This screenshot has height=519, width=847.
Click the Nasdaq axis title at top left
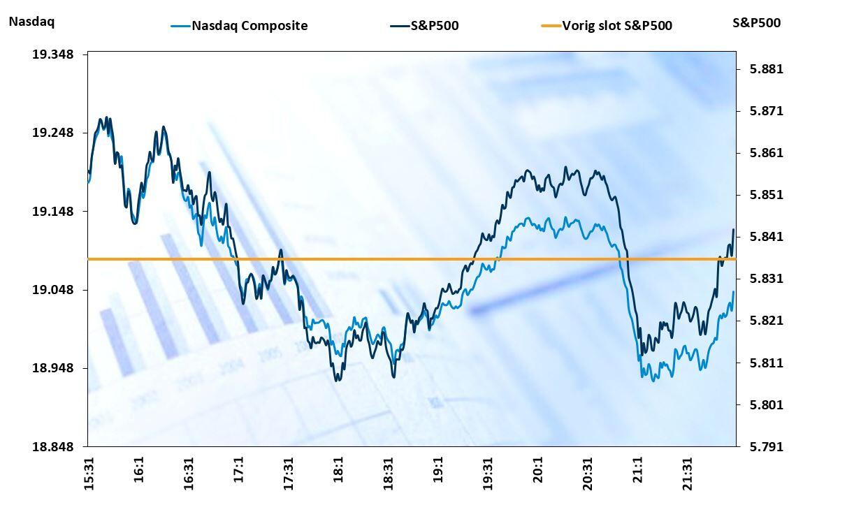[31, 22]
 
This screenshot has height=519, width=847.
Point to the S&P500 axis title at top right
[756, 22]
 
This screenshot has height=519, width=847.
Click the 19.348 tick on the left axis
[53, 54]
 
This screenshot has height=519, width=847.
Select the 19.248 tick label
[53, 133]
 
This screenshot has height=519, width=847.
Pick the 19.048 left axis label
[53, 290]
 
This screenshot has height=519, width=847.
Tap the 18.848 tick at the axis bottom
[53, 446]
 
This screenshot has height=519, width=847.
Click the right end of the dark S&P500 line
[733, 230]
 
